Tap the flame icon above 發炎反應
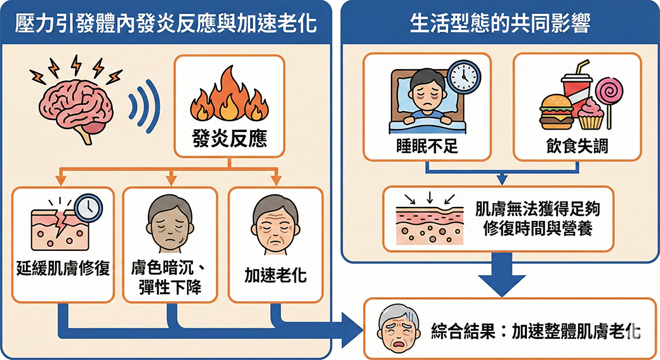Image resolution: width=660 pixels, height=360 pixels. tap(229, 95)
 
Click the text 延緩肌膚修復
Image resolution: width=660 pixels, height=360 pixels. tap(63, 269)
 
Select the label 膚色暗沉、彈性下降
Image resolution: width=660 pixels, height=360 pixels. tap(169, 277)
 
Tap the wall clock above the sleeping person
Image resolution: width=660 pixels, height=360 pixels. tap(463, 77)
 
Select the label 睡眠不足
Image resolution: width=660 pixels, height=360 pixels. tap(426, 145)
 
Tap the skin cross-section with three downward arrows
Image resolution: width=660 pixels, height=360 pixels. tap(429, 219)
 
